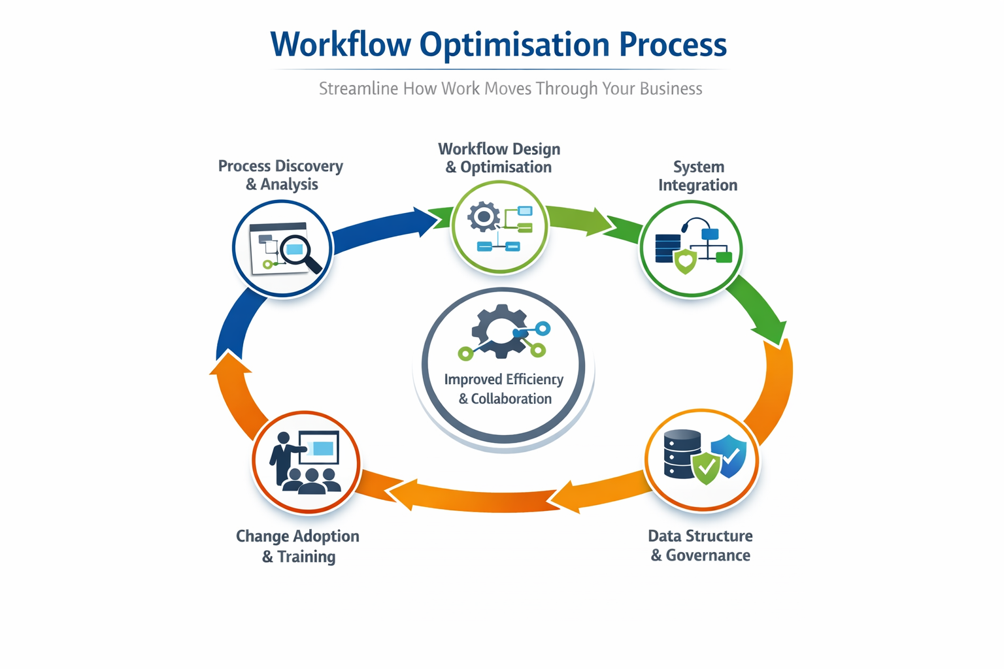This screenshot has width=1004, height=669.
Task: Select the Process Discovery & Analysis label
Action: (281, 175)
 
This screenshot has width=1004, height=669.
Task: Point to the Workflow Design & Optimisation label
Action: (499, 158)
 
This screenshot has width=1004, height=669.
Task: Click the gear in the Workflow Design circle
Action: (484, 217)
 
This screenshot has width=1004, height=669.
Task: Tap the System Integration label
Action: (697, 176)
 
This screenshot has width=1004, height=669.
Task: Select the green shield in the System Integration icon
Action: (685, 261)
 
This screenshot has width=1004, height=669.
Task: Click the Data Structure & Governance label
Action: (700, 546)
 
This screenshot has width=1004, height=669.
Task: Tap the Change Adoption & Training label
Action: (298, 546)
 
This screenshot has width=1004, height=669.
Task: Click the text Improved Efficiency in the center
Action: (503, 380)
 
